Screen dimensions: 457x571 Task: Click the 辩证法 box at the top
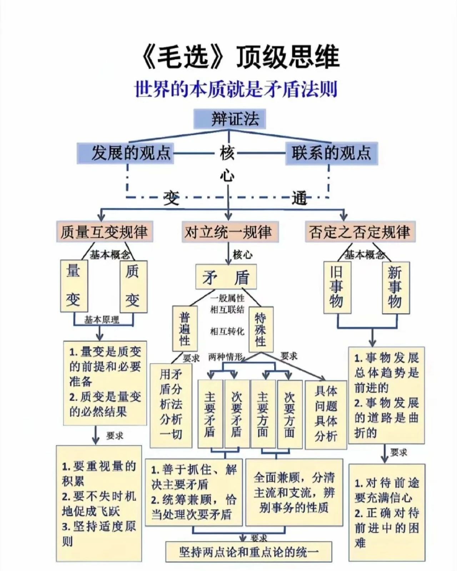pos(230,119)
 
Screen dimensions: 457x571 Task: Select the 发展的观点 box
pos(125,153)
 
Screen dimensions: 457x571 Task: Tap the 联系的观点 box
pos(331,153)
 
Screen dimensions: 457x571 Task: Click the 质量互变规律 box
pos(105,232)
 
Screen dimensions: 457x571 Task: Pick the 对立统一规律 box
pos(230,232)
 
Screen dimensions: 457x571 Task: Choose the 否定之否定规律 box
pos(360,232)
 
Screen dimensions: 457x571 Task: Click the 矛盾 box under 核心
pos(226,277)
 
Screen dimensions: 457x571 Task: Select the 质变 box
pos(134,287)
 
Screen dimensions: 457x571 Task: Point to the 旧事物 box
pos(337,287)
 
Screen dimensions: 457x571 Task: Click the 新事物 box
pos(396,288)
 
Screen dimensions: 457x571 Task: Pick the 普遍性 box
pos(185,329)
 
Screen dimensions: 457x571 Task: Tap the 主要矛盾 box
pos(210,415)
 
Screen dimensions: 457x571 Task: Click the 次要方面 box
pos(290,415)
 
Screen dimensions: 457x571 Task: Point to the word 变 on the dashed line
pos(171,198)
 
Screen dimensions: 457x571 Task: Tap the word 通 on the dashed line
pos(299,198)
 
